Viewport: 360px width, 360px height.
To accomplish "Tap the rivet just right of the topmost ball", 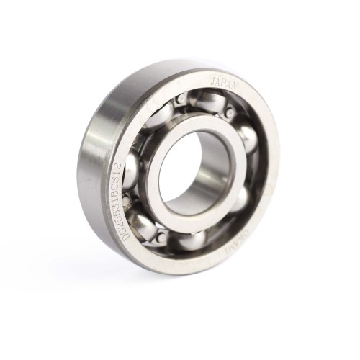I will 230,112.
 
